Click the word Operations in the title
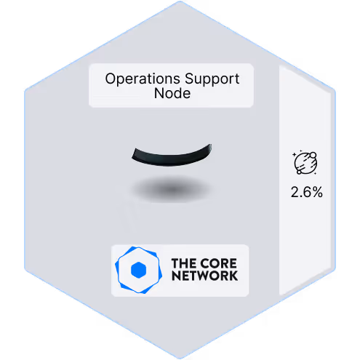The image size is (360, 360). click(x=143, y=79)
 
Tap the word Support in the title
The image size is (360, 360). click(x=212, y=79)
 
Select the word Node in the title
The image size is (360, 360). click(x=172, y=93)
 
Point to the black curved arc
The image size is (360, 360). click(x=172, y=157)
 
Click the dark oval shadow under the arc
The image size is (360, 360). click(x=172, y=189)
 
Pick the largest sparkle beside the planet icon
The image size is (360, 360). click(x=295, y=154)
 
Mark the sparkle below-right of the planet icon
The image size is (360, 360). click(x=315, y=173)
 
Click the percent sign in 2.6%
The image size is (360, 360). click(x=317, y=192)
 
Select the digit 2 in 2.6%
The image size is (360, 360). click(x=295, y=192)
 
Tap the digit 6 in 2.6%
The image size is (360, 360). click(x=308, y=192)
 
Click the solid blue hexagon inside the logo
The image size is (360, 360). click(x=138, y=270)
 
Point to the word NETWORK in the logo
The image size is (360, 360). click(x=204, y=276)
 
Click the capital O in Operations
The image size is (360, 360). click(x=111, y=79)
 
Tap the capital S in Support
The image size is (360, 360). click(x=190, y=79)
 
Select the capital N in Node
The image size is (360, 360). click(x=159, y=93)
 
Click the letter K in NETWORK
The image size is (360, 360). click(x=233, y=276)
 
